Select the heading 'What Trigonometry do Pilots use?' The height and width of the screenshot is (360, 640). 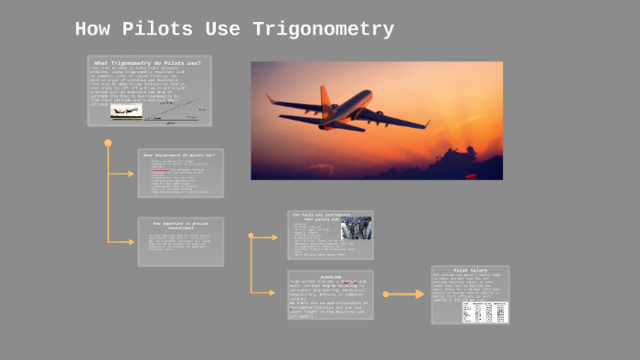click(149, 62)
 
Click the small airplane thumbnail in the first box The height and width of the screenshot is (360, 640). click(126, 111)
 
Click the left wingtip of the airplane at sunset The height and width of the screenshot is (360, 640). click(269, 96)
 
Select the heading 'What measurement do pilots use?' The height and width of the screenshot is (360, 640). click(179, 155)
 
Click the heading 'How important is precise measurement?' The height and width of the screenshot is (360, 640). click(180, 224)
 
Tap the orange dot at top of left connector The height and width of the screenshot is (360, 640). click(108, 143)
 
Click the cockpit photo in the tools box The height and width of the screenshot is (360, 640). click(356, 228)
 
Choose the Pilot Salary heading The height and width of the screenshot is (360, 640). click(470, 271)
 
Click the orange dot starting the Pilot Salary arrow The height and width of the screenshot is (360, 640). click(385, 294)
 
